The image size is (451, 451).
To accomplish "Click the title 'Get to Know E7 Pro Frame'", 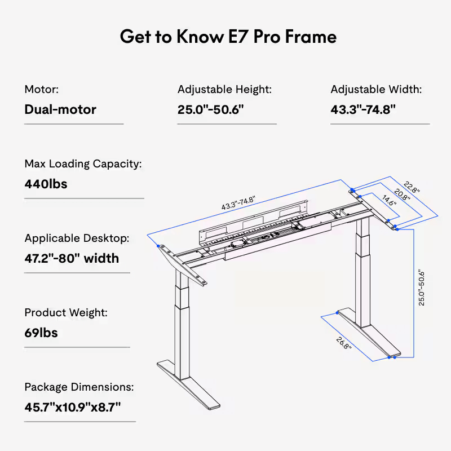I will tap(228, 37).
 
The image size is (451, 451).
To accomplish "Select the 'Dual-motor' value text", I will tap(60, 109).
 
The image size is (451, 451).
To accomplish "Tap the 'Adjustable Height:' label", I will tap(224, 90).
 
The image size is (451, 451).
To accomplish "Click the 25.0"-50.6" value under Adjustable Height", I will tap(210, 109).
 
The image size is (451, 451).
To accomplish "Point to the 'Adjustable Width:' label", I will tap(376, 90).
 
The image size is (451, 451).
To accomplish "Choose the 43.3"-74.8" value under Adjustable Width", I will tap(363, 109).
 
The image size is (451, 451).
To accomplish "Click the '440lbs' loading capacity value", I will tap(46, 184).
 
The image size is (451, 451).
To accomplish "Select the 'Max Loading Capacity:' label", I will tap(83, 164).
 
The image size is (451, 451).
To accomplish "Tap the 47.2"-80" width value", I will tap(72, 258).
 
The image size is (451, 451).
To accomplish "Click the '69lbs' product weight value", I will tap(41, 333).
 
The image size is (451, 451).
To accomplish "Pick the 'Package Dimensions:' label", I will tap(79, 387).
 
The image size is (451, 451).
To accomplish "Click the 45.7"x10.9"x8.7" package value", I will tap(73, 407).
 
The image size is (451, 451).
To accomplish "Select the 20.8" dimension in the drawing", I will tap(401, 195).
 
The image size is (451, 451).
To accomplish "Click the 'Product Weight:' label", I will tap(66, 313).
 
